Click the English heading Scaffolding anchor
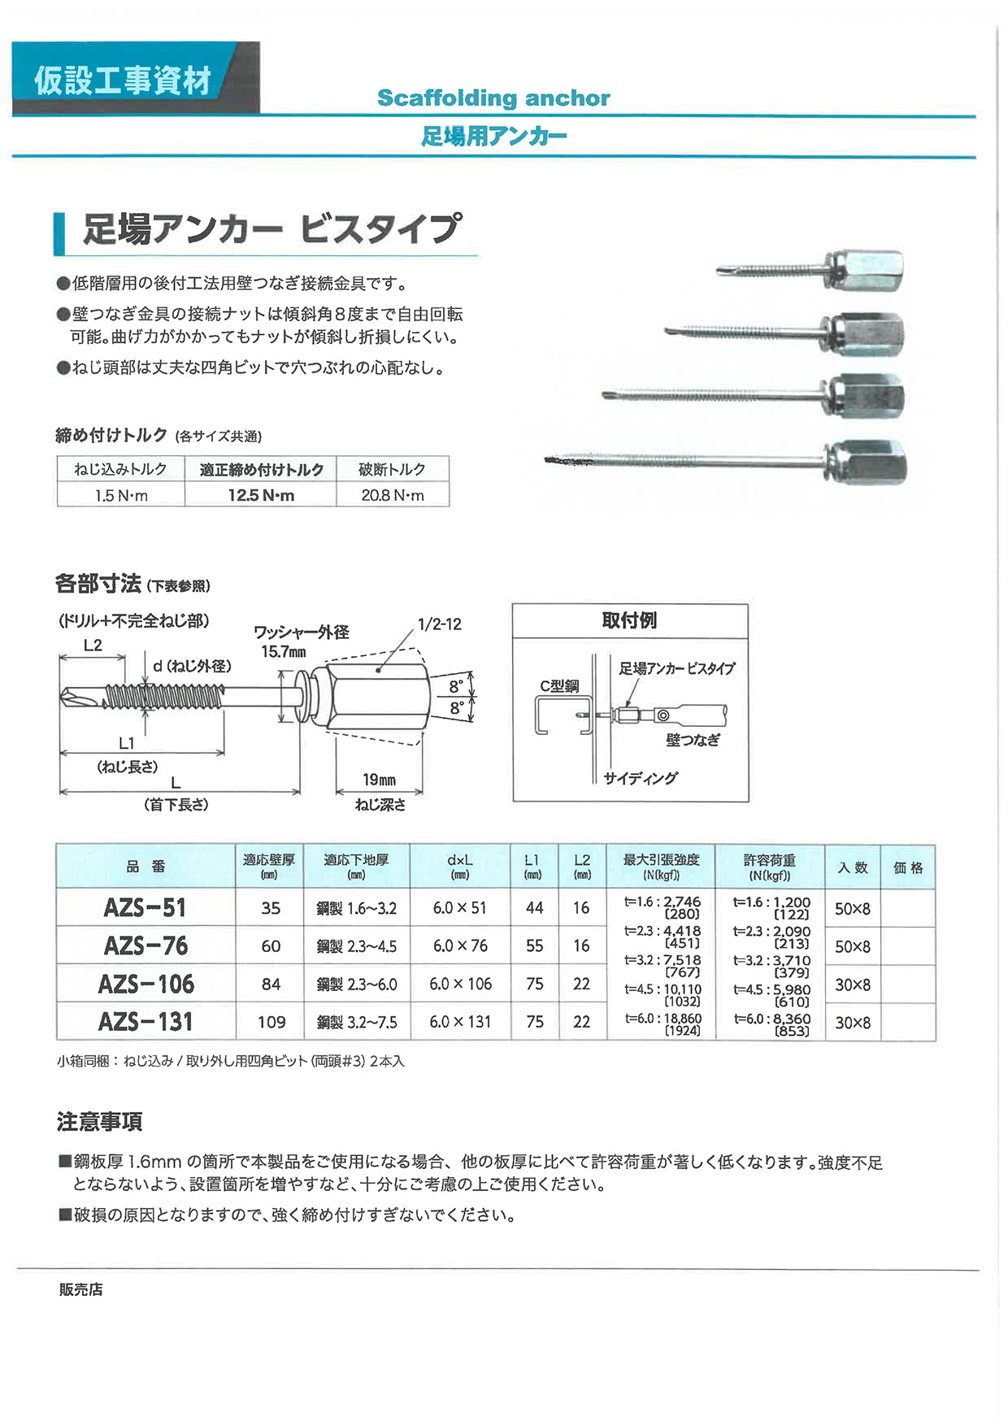pos(493,98)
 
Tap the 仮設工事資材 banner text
pos(123,81)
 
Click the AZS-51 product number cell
pos(146,907)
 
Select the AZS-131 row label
pos(146,1021)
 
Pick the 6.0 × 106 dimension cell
pos(460,984)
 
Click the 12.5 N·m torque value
pos(261,495)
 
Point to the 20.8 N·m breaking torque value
pos(393,495)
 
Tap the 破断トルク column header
pos(393,469)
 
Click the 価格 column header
pos(908,867)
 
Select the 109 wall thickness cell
pos(271,1022)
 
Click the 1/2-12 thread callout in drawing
pos(439,624)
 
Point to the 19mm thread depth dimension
pos(379,780)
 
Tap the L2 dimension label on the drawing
pos(93,645)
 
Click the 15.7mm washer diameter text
pos(284,651)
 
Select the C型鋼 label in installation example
pos(559,686)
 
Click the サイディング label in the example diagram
pos(640,778)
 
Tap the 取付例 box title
pos(629,620)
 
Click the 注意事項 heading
pos(99,1122)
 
